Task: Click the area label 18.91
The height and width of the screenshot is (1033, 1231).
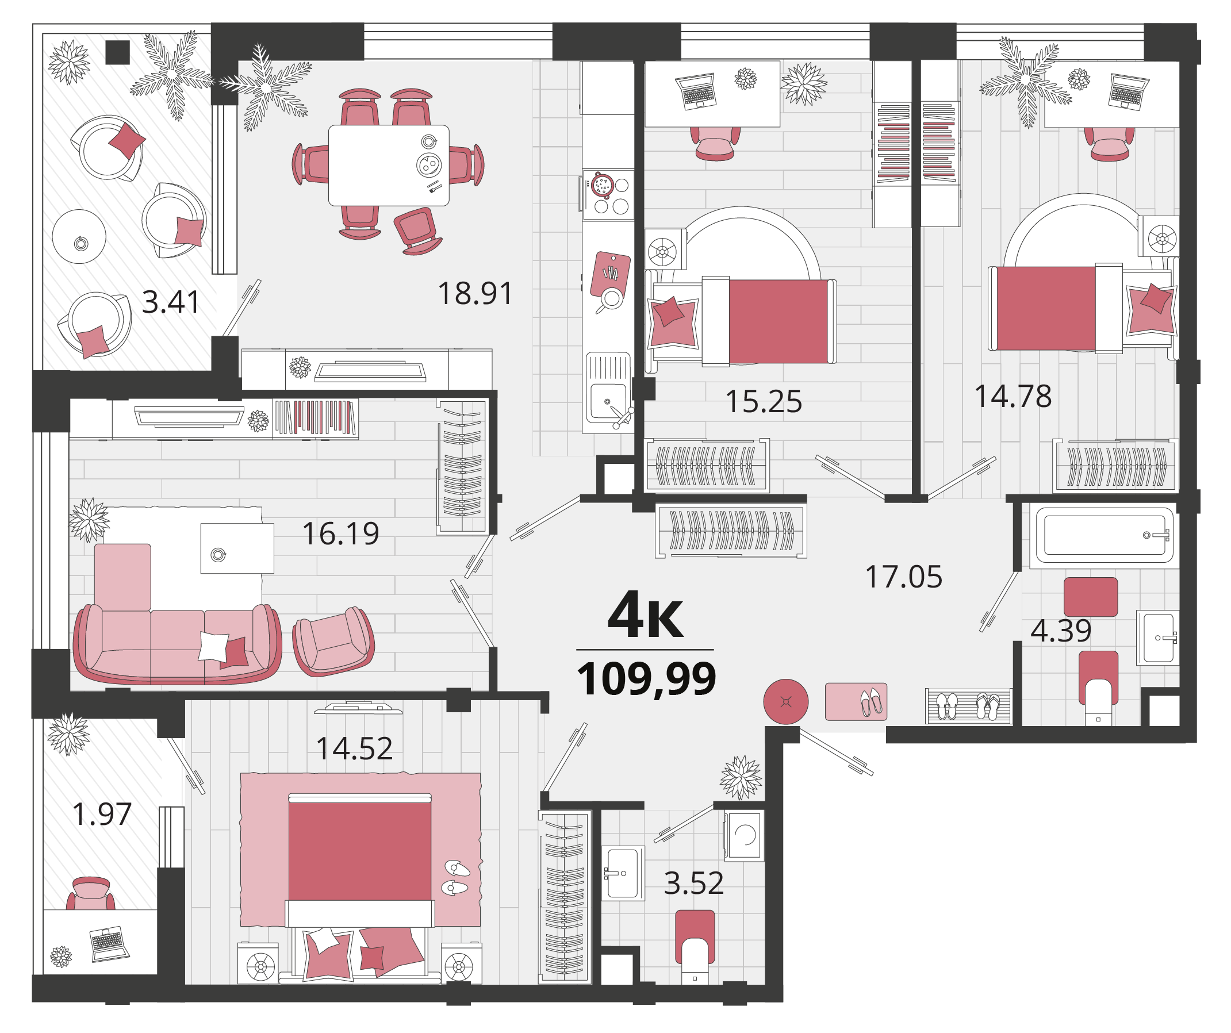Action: (475, 294)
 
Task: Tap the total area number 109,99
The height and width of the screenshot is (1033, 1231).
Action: (646, 678)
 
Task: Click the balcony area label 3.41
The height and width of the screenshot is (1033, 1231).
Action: (171, 302)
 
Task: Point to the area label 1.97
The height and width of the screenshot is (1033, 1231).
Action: (101, 815)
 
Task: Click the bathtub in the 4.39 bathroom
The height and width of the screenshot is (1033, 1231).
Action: (1105, 535)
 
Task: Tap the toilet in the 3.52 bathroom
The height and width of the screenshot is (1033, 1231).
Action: (695, 946)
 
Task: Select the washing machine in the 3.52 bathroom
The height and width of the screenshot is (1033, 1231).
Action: (745, 836)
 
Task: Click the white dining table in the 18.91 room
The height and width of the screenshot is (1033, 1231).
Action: (389, 165)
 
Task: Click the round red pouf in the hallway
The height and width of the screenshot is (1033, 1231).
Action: (785, 701)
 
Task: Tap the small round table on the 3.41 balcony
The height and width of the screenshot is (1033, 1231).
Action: (79, 237)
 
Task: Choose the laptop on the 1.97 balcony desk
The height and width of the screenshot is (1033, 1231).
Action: (110, 943)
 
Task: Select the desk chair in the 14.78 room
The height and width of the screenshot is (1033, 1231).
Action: (1110, 144)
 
